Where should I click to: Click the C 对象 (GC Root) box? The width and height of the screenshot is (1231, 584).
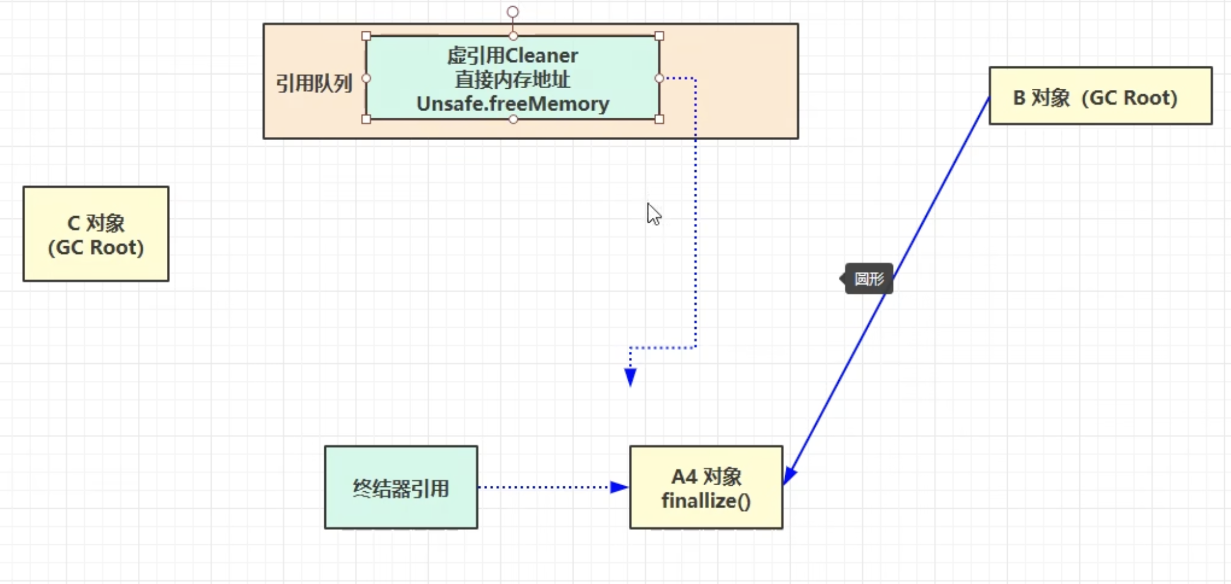95,234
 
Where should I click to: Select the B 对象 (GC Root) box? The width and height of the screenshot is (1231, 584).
1100,96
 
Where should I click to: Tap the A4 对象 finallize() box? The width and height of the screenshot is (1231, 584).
706,487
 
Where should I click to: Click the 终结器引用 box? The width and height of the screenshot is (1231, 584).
401,487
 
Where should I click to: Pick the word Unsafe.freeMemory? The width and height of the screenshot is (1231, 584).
512,104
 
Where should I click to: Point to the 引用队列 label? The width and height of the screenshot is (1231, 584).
314,83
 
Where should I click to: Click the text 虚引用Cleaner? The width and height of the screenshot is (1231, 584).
512,55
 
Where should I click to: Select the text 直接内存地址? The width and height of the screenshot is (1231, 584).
512,79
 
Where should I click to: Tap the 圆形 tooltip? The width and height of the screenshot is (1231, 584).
869,279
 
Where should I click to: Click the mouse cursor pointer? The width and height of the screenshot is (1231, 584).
653,214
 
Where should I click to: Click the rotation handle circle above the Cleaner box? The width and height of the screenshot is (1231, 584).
512,12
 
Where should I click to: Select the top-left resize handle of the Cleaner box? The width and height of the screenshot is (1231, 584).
366,36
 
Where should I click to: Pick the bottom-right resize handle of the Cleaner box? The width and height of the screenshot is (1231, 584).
659,119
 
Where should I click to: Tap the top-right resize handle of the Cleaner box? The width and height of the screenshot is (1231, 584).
659,36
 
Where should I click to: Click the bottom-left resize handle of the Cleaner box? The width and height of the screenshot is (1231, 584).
366,119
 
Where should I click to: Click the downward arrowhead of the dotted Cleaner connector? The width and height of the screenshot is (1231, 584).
630,377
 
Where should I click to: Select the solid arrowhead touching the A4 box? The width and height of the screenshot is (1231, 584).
790,475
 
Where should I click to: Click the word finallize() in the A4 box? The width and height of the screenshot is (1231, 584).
706,501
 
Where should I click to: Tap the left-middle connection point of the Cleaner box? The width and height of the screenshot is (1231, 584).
366,78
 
